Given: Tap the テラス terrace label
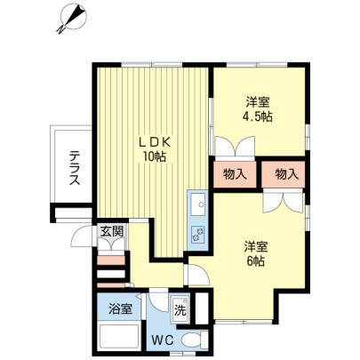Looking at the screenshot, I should [x=75, y=166].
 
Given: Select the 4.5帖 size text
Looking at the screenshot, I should [x=258, y=116].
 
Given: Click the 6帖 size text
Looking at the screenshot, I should [x=255, y=262].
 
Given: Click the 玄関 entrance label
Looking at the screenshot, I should [x=111, y=233].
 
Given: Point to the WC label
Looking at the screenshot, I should [x=162, y=340].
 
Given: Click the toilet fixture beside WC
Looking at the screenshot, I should [x=188, y=340].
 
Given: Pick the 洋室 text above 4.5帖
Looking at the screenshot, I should [x=258, y=101].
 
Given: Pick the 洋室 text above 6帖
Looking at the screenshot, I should [x=255, y=247].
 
